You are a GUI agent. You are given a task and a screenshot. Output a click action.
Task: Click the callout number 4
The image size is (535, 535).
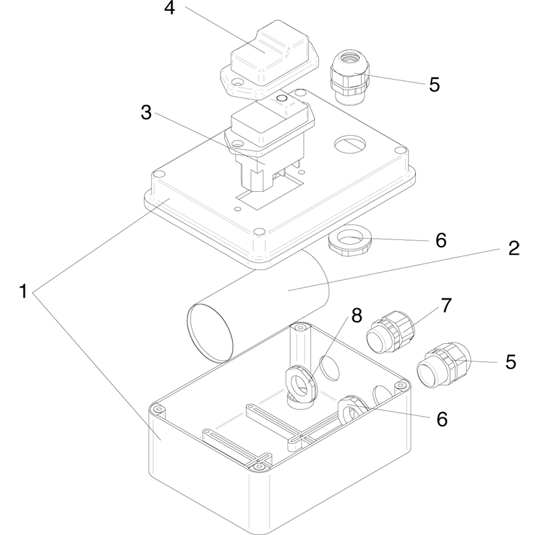(x=171, y=10)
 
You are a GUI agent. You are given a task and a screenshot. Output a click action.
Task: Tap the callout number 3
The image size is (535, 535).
(x=146, y=112)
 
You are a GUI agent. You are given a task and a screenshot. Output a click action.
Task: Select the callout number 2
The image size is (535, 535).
(x=513, y=248)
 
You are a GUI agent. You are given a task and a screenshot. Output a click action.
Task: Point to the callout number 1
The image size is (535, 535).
(x=24, y=292)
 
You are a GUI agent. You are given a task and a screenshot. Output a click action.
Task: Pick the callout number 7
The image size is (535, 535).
(x=446, y=305)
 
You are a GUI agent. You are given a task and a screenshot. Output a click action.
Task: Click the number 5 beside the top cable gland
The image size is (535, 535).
(x=434, y=85)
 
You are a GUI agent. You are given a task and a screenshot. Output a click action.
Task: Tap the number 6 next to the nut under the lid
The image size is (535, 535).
(x=441, y=239)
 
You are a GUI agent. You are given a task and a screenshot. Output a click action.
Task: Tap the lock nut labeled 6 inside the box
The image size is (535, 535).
(x=348, y=409)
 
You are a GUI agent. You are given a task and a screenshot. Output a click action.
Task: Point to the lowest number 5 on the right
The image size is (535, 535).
(x=511, y=362)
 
